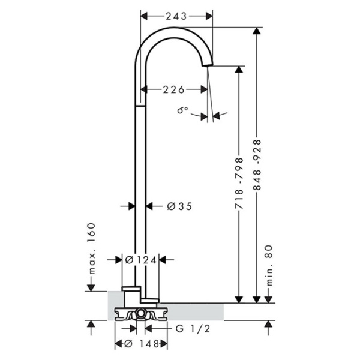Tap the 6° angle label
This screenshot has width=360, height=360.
182,111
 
